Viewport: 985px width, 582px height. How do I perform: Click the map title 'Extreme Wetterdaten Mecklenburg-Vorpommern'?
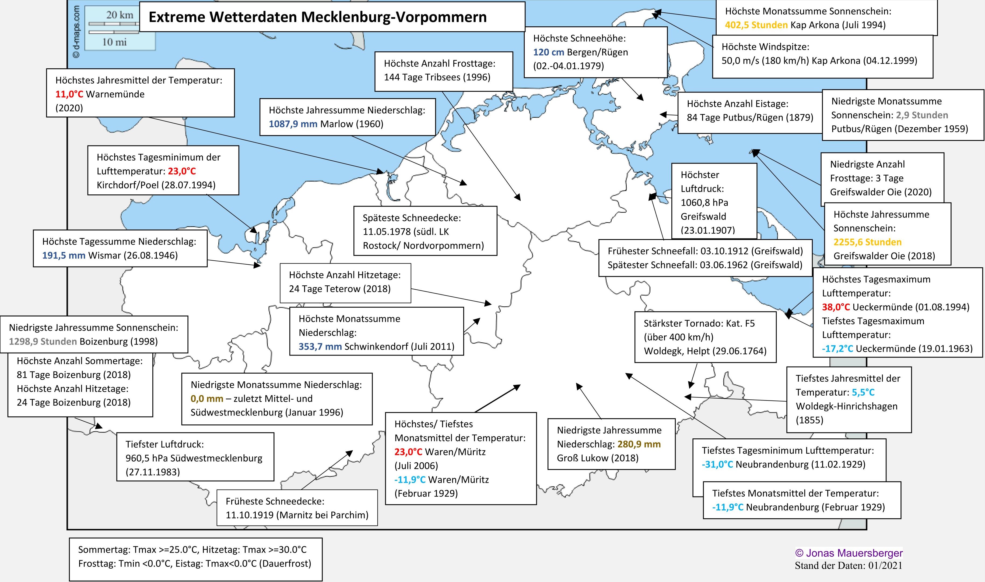coord(317,17)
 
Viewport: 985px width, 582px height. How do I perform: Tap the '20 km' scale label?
coord(120,15)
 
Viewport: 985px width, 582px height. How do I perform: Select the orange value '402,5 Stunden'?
coord(756,25)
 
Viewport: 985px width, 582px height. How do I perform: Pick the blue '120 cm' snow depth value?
coord(549,52)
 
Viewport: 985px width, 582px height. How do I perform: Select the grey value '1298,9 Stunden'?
coord(43,341)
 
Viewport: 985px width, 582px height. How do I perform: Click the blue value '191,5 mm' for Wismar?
coord(64,255)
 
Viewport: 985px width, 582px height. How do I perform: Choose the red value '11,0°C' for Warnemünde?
coord(69,94)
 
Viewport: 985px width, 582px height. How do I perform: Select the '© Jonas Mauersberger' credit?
coord(849,553)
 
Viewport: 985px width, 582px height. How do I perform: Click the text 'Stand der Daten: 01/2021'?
coord(849,565)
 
